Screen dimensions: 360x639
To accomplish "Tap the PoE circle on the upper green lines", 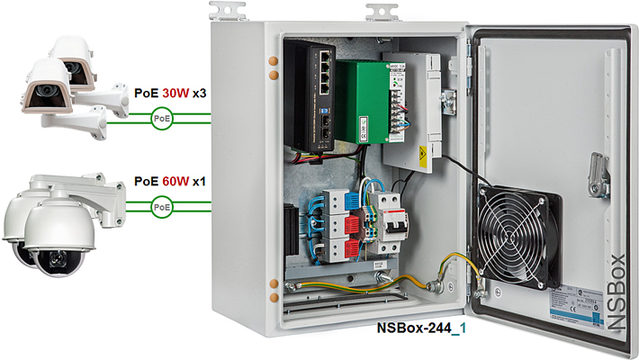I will tap(162, 118).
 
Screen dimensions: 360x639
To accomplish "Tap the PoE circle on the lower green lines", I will tap(162, 208).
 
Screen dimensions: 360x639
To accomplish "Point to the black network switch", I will tap(321, 95).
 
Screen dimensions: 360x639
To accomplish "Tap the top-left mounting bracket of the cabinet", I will tap(229, 11).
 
